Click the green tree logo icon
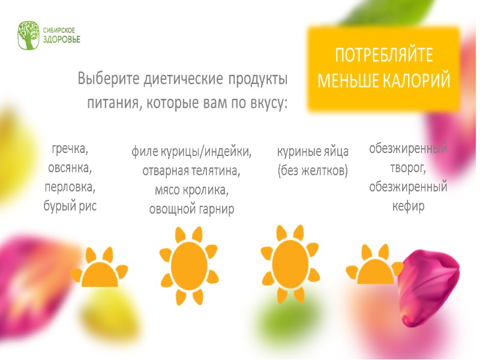[29, 35]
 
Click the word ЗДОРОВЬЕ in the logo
[61, 40]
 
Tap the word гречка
[70, 148]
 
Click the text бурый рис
[70, 206]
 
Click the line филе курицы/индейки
[191, 152]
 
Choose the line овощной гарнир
[191, 209]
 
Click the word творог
[407, 167]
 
